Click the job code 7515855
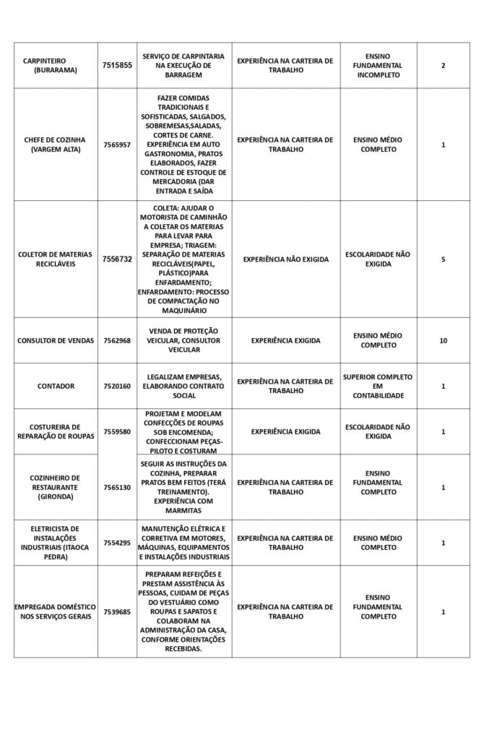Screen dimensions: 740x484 coord(117,66)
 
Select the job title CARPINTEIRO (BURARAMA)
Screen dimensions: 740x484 coord(56,66)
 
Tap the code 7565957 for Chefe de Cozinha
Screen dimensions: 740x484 coord(117,145)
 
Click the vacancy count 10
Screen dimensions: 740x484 coord(443,340)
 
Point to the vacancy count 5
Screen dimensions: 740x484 coord(443,259)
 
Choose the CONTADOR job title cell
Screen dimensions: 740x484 coord(56,387)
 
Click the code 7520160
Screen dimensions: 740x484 coord(117,387)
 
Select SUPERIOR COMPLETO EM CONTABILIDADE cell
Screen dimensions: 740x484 coord(378,387)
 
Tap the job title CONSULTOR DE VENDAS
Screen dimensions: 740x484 coord(56,340)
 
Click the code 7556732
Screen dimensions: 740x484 coord(117,259)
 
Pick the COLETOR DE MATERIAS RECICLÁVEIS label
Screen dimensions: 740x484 coord(56,259)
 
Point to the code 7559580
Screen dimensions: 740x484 coord(117,431)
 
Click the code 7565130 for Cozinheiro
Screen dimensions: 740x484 coord(117,488)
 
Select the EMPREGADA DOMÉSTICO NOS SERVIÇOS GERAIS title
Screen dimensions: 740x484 coord(56,612)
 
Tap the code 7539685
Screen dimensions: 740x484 coord(117,612)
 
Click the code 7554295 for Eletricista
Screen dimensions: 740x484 coord(117,543)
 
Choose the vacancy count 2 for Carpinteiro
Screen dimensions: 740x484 coord(443,66)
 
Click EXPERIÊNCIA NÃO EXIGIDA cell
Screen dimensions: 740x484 coord(285,259)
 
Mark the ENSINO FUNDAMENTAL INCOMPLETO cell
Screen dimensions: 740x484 coord(378,66)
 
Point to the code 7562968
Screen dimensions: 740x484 coord(117,340)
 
